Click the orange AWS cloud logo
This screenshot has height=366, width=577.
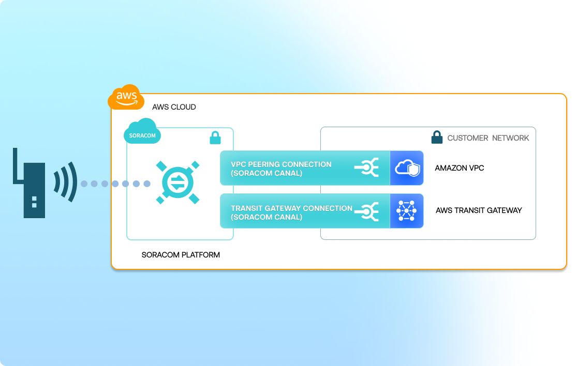click(x=126, y=97)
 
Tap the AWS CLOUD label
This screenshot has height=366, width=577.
click(x=174, y=107)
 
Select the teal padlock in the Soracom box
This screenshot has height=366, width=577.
click(x=215, y=138)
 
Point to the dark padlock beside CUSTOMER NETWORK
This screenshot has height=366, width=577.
click(x=437, y=138)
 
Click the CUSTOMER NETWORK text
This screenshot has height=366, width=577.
click(x=488, y=138)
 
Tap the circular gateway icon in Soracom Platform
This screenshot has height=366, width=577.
click(x=178, y=183)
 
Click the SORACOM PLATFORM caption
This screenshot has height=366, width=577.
click(x=181, y=255)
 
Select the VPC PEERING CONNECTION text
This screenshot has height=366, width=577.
click(x=281, y=164)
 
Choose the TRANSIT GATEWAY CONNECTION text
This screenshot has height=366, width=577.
click(x=291, y=208)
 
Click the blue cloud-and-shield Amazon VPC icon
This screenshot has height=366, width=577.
click(x=407, y=168)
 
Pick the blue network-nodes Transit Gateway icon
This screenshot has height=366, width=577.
click(x=407, y=211)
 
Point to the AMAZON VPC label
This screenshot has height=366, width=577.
click(x=460, y=168)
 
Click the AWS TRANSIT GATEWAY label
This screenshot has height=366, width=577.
click(x=479, y=210)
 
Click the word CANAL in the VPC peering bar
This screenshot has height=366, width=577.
click(x=289, y=173)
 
